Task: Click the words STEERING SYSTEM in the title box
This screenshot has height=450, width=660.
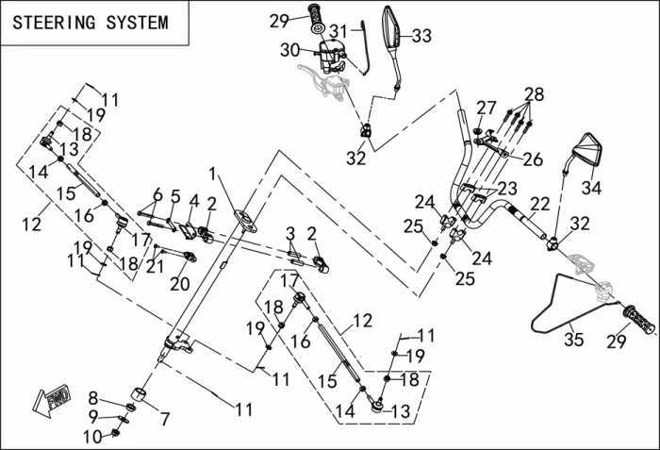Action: (x=91, y=22)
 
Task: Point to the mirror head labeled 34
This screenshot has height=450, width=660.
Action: (x=586, y=150)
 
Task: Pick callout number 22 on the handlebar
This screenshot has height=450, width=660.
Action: (x=539, y=204)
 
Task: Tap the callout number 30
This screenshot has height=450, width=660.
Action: (x=289, y=49)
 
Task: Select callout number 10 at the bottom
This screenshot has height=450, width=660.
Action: (x=91, y=436)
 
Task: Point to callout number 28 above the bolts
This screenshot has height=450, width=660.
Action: (x=535, y=94)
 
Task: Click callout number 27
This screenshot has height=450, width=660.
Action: (x=486, y=108)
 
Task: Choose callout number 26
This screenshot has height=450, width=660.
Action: (x=533, y=159)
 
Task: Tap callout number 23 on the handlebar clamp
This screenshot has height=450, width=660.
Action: (x=508, y=189)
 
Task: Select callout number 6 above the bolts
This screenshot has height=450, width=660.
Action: (x=157, y=193)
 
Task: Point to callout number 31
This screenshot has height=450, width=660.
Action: (x=338, y=31)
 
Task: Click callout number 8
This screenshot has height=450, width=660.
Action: (x=92, y=396)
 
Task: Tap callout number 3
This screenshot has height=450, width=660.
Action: (x=291, y=232)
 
